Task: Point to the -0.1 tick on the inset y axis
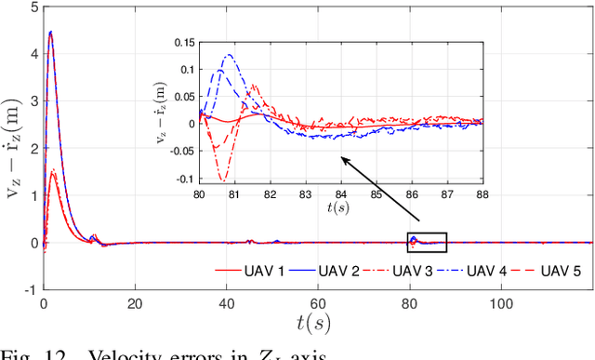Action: pos(184,179)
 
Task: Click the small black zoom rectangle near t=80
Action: pos(427,242)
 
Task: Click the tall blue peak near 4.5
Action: pos(50,33)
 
